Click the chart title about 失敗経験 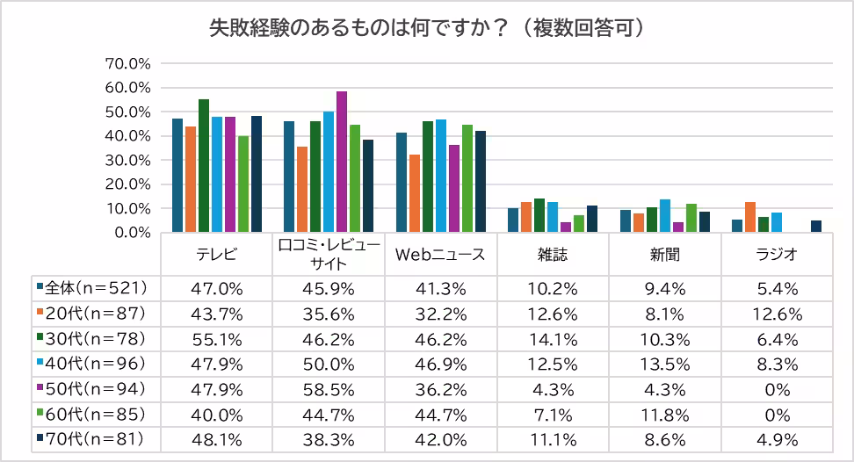pyautogui.click(x=428, y=28)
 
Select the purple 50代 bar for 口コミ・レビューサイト pyautogui.click(x=342, y=162)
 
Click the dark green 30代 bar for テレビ pyautogui.click(x=204, y=166)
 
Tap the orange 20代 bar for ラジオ pyautogui.click(x=750, y=218)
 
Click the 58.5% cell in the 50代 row pyautogui.click(x=328, y=387)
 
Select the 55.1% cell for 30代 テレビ pyautogui.click(x=216, y=337)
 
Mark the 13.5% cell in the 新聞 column pyautogui.click(x=664, y=362)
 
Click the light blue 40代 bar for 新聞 pyautogui.click(x=665, y=216)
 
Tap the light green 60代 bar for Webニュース pyautogui.click(x=467, y=179)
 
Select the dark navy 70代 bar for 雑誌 pyautogui.click(x=592, y=220)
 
